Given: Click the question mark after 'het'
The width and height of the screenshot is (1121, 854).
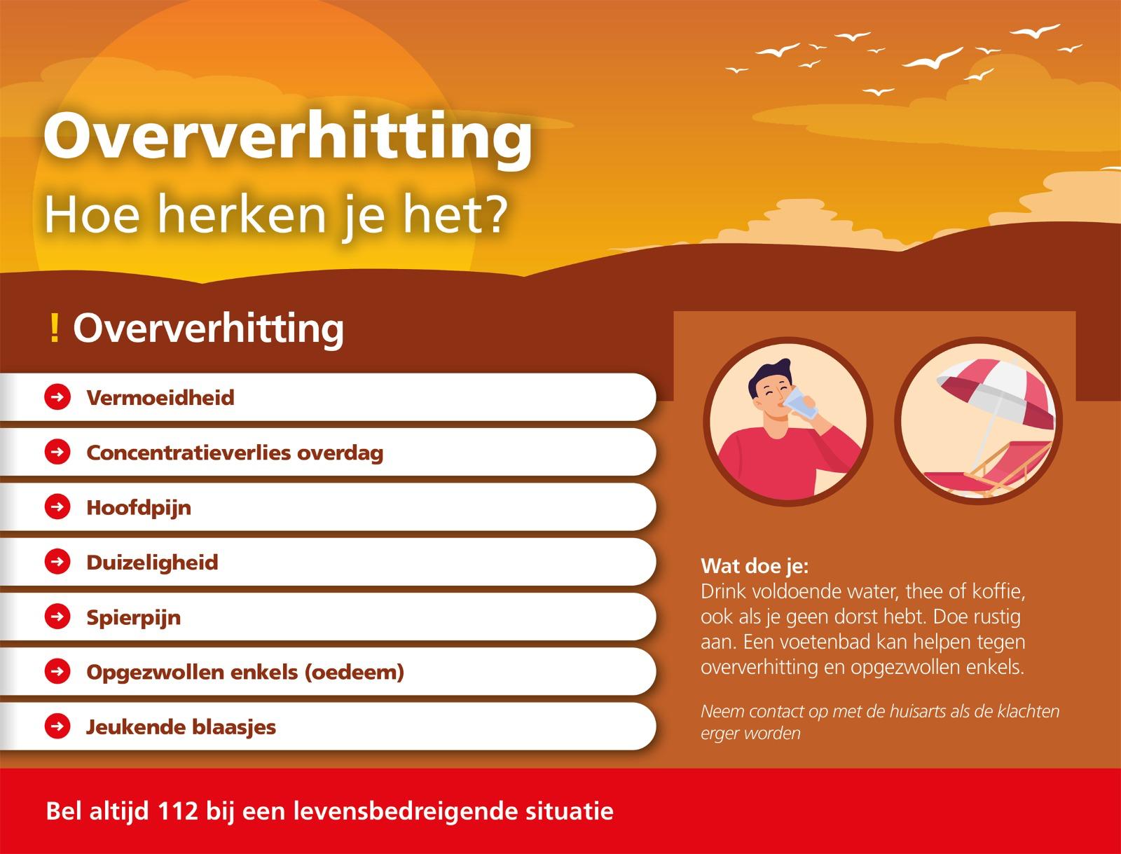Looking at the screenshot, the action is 493,214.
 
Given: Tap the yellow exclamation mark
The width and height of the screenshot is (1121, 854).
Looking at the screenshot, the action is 54,329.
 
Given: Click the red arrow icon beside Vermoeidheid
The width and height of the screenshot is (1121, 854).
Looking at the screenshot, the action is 57,397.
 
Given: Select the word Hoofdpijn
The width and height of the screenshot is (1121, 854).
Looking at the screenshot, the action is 139,508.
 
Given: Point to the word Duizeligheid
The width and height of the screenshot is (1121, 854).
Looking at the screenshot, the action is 152,563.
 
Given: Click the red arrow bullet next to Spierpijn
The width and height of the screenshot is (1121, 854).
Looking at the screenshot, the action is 57,616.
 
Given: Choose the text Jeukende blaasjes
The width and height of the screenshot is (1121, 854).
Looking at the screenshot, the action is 181,727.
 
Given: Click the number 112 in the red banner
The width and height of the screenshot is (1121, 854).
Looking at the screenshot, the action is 178,811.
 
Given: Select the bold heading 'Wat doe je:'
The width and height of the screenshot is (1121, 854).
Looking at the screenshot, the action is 755,566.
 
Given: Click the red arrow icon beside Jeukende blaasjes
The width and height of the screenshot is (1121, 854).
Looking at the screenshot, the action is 57,726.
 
